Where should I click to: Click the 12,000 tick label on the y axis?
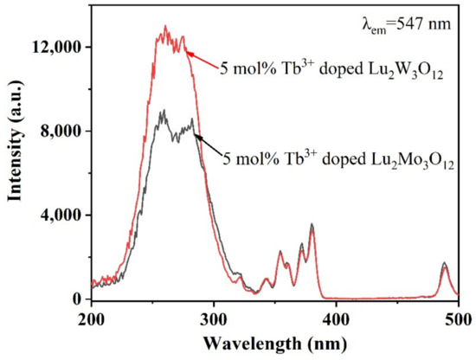60,46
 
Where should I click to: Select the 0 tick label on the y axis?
79,299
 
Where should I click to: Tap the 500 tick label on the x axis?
458,318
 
